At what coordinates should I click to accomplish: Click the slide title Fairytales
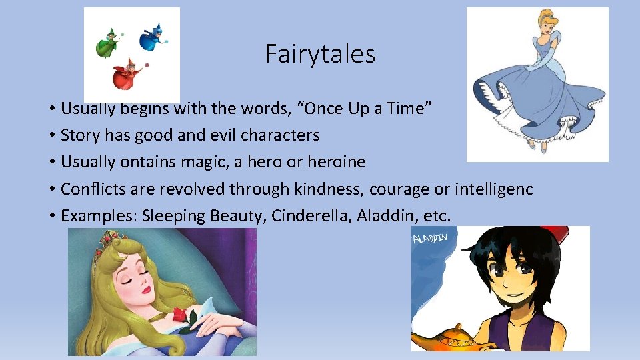320,54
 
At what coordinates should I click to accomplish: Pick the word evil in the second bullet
221,135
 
